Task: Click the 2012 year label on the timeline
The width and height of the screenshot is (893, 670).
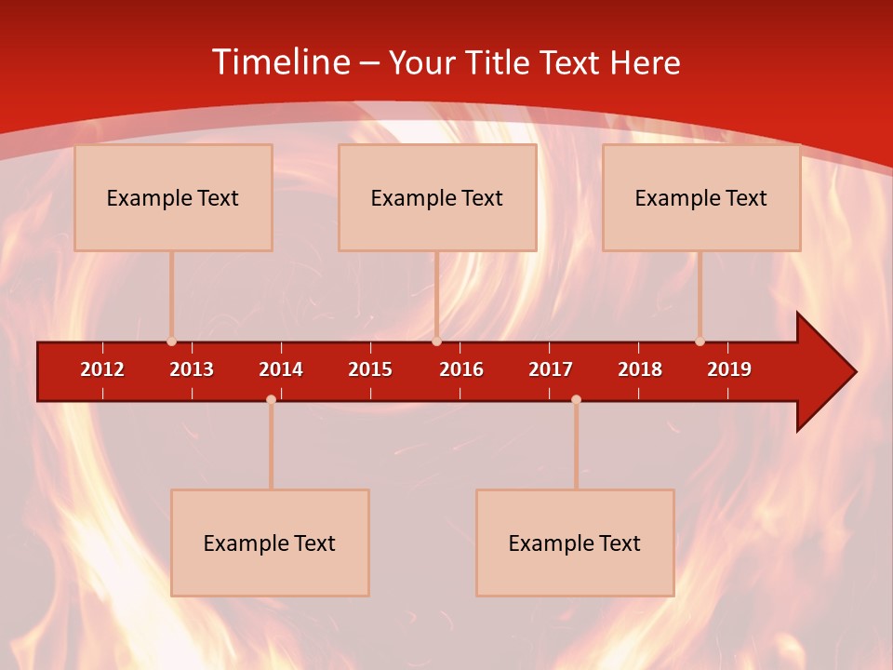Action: tap(102, 369)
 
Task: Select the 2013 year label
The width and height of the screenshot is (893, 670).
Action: tap(192, 369)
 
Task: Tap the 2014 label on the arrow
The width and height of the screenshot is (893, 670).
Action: tap(281, 369)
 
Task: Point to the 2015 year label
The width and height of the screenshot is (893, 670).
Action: tap(370, 369)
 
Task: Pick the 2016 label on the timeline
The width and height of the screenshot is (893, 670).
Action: tap(461, 369)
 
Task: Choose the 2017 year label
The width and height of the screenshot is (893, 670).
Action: tap(551, 369)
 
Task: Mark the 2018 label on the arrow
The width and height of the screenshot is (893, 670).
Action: tap(640, 369)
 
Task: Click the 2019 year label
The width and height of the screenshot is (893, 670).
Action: tap(729, 369)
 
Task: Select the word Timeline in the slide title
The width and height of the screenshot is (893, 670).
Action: tap(281, 62)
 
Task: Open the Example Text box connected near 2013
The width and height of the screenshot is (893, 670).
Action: tap(173, 197)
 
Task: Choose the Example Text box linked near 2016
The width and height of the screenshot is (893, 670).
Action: tap(437, 197)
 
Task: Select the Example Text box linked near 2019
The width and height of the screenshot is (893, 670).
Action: tap(701, 197)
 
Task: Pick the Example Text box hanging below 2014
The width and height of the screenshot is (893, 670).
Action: tap(270, 543)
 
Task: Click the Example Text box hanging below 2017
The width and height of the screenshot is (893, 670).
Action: tap(575, 543)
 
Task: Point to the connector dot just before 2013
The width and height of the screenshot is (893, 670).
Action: tap(171, 342)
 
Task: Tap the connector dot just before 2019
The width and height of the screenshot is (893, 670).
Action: tap(700, 342)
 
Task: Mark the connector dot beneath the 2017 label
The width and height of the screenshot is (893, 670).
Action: tap(576, 399)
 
